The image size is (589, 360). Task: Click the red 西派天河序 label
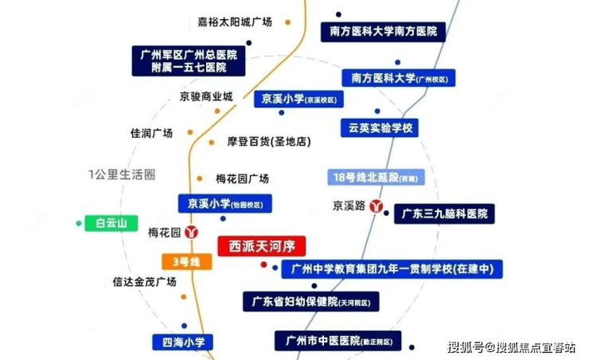tap(261, 246)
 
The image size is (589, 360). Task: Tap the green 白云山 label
tap(111, 223)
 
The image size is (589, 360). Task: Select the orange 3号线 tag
tap(187, 261)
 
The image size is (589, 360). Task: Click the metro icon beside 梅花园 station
tap(191, 233)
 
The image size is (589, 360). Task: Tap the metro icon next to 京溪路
tap(376, 206)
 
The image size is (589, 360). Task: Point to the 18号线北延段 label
tap(376, 177)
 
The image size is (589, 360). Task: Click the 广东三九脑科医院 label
tap(444, 213)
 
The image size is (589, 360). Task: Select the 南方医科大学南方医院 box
tap(383, 32)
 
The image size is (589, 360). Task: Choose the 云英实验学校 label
tap(380, 127)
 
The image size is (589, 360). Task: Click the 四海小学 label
tap(183, 342)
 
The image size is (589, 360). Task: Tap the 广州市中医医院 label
tap(338, 341)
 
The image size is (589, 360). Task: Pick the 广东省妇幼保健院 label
tap(311, 302)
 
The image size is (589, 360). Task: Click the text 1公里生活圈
tap(122, 174)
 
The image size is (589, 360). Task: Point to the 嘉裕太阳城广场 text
tap(235, 22)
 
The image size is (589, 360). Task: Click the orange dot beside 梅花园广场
tap(200, 178)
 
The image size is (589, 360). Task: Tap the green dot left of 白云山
tap(79, 223)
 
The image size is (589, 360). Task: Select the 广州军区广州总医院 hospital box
tap(189, 61)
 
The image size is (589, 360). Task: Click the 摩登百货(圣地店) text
tap(269, 142)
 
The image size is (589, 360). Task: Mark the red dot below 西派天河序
tap(263, 264)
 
